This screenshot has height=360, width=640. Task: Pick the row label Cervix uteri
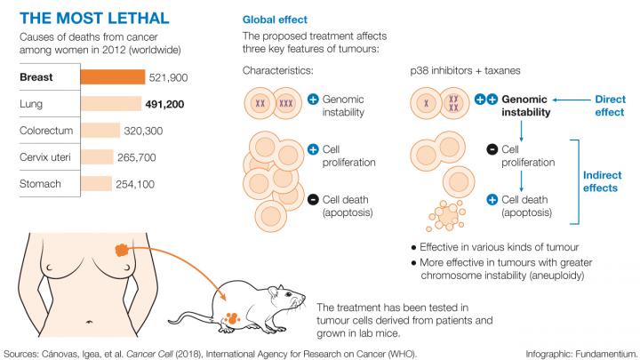coord(44,157)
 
